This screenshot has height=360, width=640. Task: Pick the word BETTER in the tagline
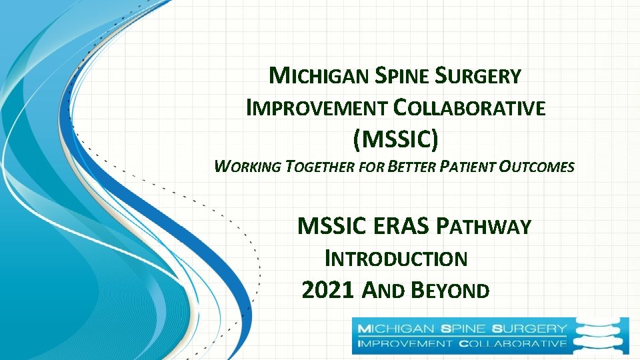pyautogui.click(x=412, y=167)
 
